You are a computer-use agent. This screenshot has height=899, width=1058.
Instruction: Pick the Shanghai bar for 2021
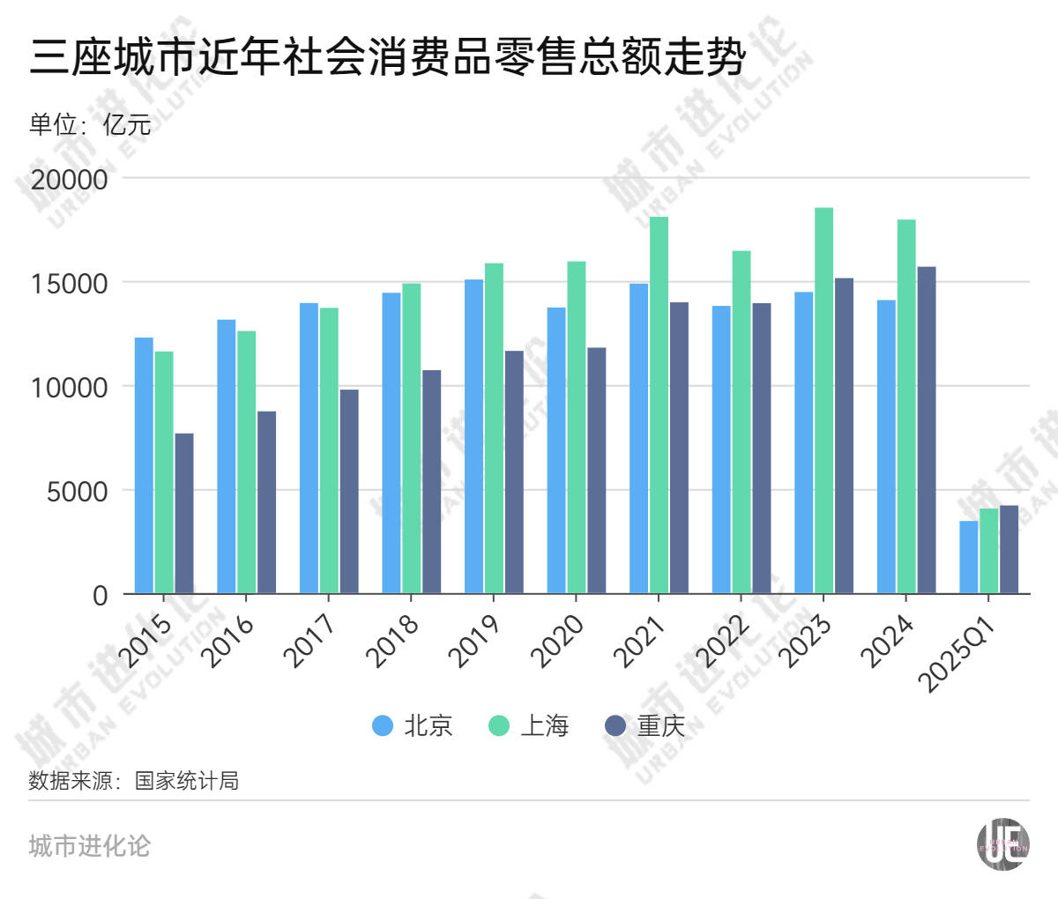tap(659, 405)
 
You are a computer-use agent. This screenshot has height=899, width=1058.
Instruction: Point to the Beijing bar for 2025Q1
tap(968, 557)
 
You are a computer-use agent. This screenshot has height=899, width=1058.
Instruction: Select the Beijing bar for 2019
tap(473, 436)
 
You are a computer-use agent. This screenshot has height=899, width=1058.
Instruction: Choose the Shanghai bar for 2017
tap(328, 450)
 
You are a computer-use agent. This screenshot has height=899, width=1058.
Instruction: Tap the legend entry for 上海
tap(529, 725)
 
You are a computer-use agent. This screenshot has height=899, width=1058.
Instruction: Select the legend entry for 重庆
tap(645, 725)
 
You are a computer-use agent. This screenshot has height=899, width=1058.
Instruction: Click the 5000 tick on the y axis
tap(77, 491)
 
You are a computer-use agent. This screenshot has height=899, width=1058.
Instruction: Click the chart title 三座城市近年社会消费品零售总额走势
tap(388, 58)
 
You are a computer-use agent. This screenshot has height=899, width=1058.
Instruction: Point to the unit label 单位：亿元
tap(90, 124)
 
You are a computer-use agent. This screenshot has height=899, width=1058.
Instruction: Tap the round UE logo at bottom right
tap(1002, 844)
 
